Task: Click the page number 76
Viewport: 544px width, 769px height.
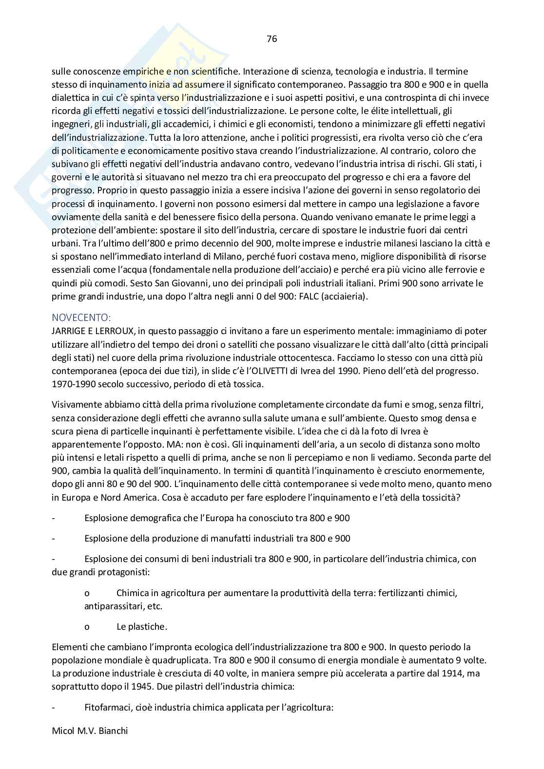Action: tap(272, 39)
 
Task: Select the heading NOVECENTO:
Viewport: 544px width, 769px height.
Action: tap(81, 318)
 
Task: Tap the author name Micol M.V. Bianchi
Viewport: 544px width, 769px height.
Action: tap(90, 731)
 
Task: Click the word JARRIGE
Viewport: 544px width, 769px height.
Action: tap(68, 331)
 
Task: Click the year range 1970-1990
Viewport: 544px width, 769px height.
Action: tap(73, 384)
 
